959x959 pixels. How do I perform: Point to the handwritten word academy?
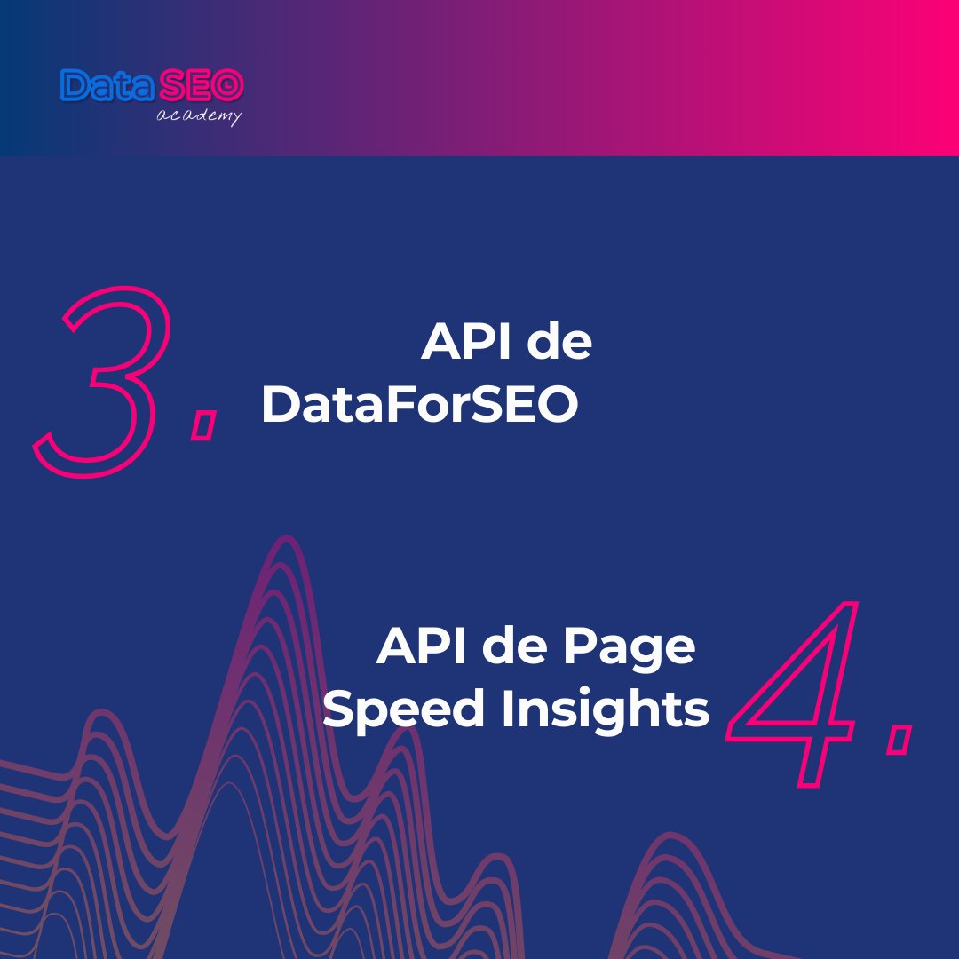pyautogui.click(x=198, y=116)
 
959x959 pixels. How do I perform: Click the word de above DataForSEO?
pyautogui.click(x=558, y=343)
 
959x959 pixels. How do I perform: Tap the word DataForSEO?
pyautogui.click(x=419, y=407)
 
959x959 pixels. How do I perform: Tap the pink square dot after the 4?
pyautogui.click(x=899, y=739)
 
